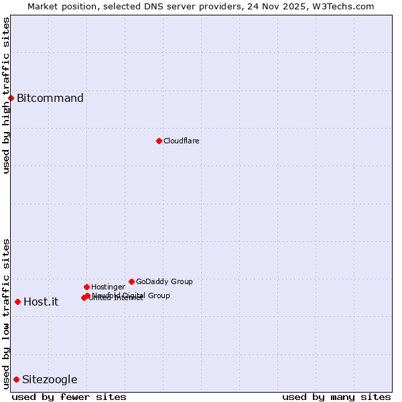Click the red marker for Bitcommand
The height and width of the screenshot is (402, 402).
click(x=11, y=98)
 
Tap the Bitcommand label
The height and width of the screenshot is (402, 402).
click(x=50, y=98)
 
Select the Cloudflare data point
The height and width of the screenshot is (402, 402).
click(x=159, y=141)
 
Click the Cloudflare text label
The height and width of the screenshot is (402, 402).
click(x=182, y=141)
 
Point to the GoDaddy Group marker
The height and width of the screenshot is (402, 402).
click(x=131, y=281)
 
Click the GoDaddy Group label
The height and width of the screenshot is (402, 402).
click(x=164, y=281)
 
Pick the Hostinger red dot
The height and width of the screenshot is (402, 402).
click(x=86, y=287)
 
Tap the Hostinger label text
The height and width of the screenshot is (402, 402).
click(x=108, y=287)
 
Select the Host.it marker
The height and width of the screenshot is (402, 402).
click(x=17, y=301)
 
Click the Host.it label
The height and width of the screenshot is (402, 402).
click(x=41, y=301)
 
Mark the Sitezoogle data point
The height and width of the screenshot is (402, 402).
click(x=16, y=379)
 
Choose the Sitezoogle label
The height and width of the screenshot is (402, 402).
click(x=50, y=380)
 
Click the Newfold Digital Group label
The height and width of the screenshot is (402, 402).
click(x=131, y=295)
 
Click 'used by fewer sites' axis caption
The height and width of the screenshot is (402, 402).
click(x=69, y=397)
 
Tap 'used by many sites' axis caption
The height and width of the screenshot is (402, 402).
click(x=336, y=397)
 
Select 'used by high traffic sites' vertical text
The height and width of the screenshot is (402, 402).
click(x=6, y=95)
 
